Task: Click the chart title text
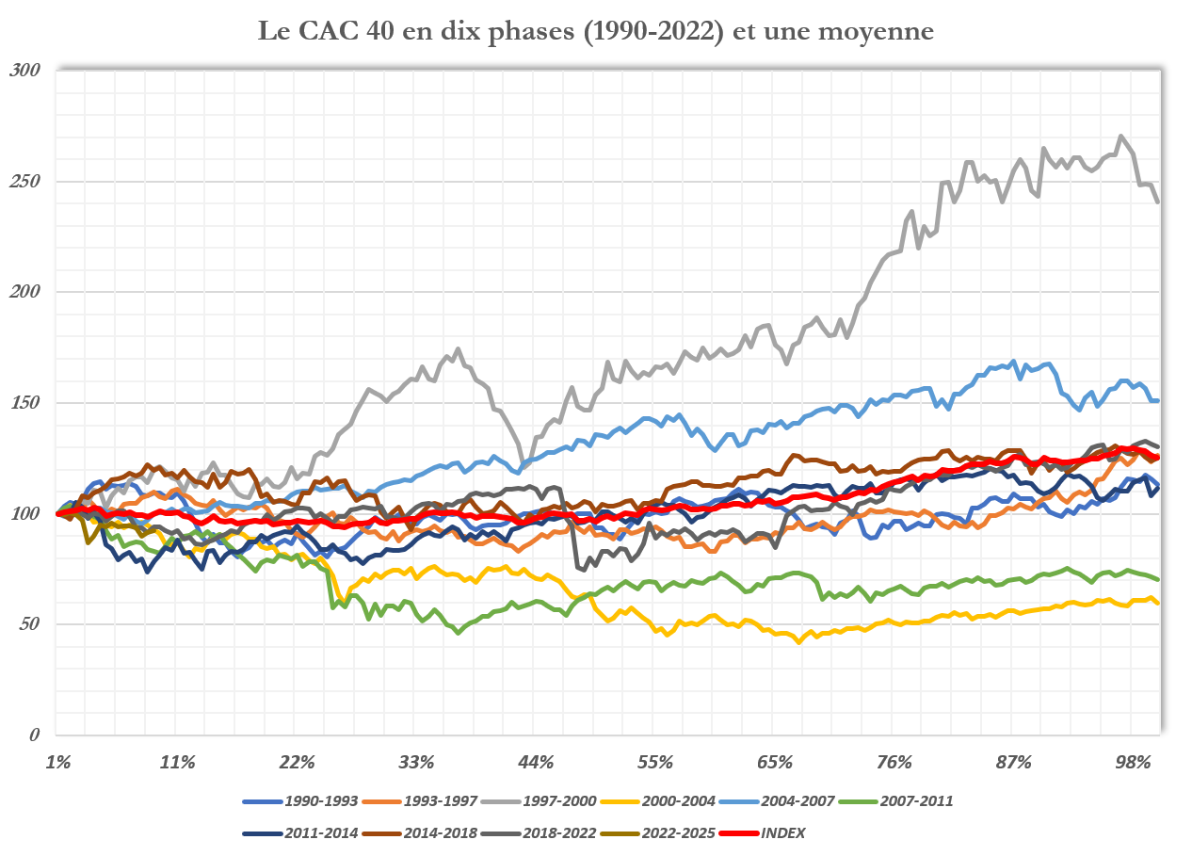tap(596, 31)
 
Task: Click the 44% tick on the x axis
tap(535, 761)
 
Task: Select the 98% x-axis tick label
tap(1133, 761)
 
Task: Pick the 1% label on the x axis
tap(57, 761)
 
